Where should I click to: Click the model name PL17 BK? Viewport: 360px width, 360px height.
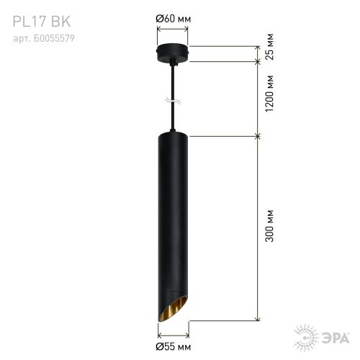pos(42,21)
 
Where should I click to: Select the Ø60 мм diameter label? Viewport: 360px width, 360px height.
pos(174,19)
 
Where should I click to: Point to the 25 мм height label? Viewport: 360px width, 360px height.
pos(269,47)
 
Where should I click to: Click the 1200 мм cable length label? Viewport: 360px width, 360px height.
pos(269,94)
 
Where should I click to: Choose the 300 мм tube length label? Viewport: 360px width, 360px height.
pos(269,225)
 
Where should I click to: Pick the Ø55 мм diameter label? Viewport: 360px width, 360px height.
pos(174,346)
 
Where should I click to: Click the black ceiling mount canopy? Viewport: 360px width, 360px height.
pos(173,53)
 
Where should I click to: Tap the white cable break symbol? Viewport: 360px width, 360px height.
pos(173,101)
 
